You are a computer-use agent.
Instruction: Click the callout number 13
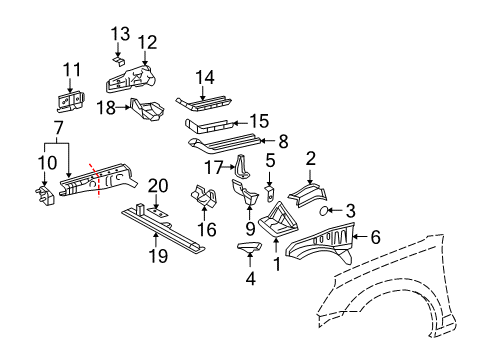pyautogui.click(x=119, y=34)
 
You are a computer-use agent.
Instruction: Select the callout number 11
pyautogui.click(x=70, y=69)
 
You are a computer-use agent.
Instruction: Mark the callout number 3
pyautogui.click(x=350, y=211)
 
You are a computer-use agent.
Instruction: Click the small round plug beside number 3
pyautogui.click(x=326, y=211)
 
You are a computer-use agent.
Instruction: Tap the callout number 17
pyautogui.click(x=213, y=167)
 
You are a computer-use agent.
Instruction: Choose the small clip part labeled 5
pyautogui.click(x=270, y=187)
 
